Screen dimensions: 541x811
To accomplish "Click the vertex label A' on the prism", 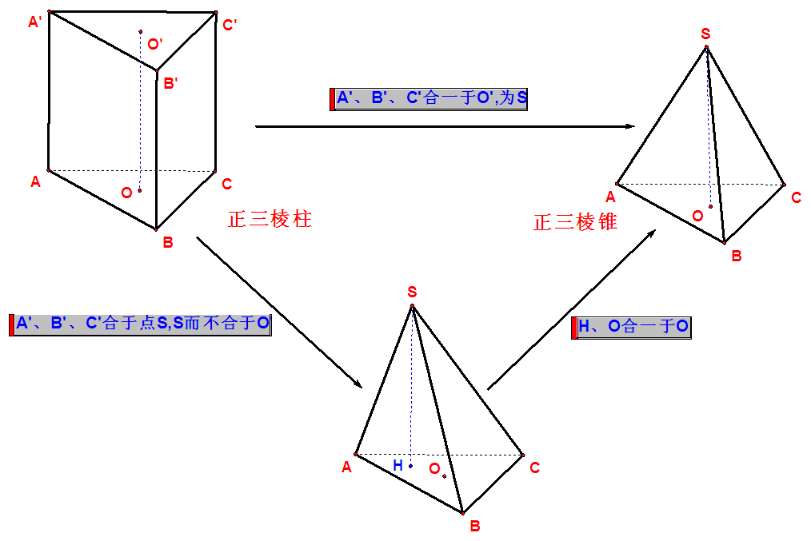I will pyautogui.click(x=35, y=23).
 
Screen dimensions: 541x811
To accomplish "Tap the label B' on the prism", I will pyautogui.click(x=170, y=82).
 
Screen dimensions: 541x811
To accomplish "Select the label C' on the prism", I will pyautogui.click(x=230, y=26).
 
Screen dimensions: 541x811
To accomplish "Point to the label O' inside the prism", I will pyautogui.click(x=155, y=44).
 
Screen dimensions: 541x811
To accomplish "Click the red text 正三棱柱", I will pyautogui.click(x=270, y=220).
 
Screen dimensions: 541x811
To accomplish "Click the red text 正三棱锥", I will pyautogui.click(x=575, y=222).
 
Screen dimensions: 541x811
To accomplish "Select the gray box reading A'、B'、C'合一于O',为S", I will pyautogui.click(x=429, y=99).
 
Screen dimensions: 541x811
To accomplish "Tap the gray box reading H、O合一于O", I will pyautogui.click(x=632, y=327).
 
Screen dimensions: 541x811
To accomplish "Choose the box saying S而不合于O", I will pyautogui.click(x=142, y=324).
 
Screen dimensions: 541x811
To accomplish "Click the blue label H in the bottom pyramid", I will pyautogui.click(x=397, y=465).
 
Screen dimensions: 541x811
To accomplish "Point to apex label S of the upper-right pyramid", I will pyautogui.click(x=705, y=34).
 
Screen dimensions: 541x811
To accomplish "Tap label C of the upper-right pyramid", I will pyautogui.click(x=796, y=198).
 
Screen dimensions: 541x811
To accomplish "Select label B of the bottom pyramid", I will pyautogui.click(x=474, y=526).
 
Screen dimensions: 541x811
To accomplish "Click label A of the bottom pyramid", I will pyautogui.click(x=346, y=467).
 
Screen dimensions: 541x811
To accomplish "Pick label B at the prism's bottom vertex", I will pyautogui.click(x=168, y=242).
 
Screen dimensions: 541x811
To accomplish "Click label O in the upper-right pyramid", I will pyautogui.click(x=697, y=216).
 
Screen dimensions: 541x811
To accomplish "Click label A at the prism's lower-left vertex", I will pyautogui.click(x=35, y=182).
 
